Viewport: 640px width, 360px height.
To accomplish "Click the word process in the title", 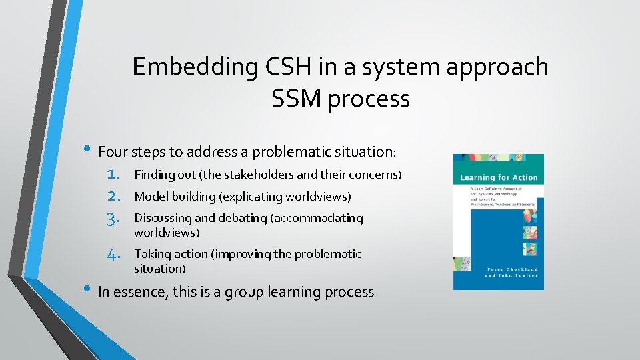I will pos(369,99).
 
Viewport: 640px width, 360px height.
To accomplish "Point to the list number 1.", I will pos(113,175).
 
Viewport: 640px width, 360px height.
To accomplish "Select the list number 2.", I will pos(113,197).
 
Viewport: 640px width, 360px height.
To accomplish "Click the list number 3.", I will pos(113,218).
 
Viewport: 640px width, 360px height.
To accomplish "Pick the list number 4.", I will pos(113,254).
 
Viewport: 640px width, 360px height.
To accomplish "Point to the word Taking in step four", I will pos(151,254).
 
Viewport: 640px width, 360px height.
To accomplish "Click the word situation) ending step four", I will pos(160,269).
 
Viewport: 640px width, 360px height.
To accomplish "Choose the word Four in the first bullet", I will pos(113,152).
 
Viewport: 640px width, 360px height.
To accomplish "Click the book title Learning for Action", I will pos(498,177).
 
